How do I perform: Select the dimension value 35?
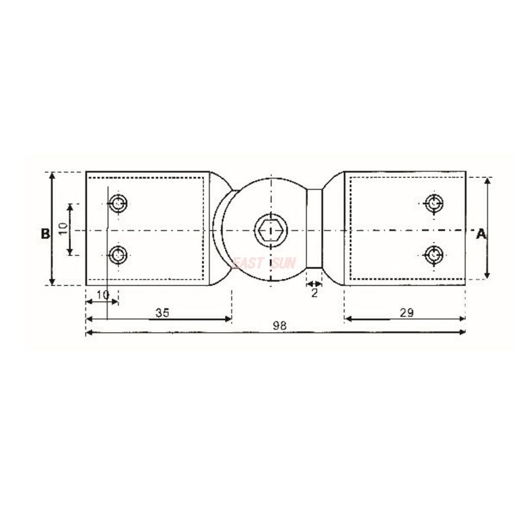[162, 313]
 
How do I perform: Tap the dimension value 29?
[406, 313]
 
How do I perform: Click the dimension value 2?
[314, 293]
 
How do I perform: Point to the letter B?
[44, 234]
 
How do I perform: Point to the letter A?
[481, 234]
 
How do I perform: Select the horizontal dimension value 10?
[102, 295]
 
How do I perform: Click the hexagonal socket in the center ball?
[270, 230]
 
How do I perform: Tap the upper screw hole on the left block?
[118, 203]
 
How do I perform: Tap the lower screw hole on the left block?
[118, 254]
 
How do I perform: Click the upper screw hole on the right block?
[433, 203]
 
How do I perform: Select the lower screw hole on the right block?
[433, 253]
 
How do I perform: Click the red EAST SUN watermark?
[264, 263]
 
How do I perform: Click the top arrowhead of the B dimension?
[51, 175]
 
